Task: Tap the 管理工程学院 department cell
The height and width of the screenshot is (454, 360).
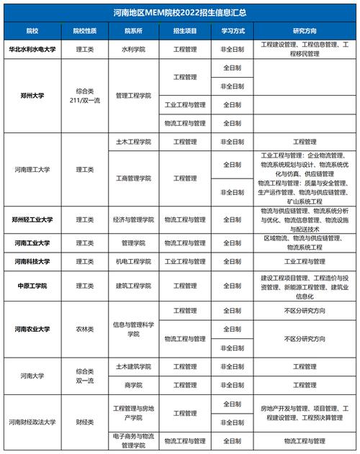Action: (132, 95)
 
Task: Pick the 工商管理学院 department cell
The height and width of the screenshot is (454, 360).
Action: (132, 178)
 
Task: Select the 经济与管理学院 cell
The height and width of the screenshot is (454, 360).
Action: (132, 219)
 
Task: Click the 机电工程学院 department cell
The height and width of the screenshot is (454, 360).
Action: (132, 261)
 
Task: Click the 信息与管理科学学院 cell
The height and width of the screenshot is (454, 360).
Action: (132, 329)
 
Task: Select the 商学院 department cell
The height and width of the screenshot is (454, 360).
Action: (132, 385)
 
